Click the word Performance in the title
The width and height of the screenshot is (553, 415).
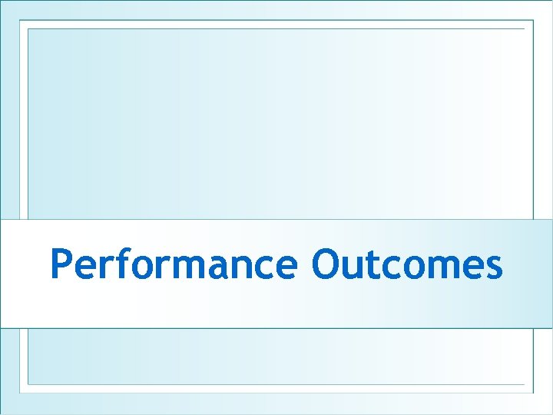pyautogui.click(x=173, y=265)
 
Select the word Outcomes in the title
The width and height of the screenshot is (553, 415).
pyautogui.click(x=407, y=265)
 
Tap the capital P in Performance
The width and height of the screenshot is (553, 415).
pyautogui.click(x=61, y=265)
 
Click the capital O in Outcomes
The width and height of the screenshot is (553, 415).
pyautogui.click(x=326, y=265)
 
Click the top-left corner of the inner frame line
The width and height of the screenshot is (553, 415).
pyautogui.click(x=28, y=29)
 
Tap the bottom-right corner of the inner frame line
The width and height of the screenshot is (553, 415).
pyautogui.click(x=525, y=383)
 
